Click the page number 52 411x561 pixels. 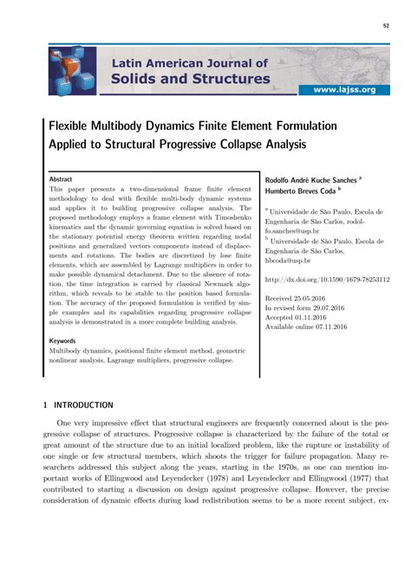tap(384, 25)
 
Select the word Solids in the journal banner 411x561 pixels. tap(140, 80)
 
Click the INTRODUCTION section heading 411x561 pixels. tap(83, 404)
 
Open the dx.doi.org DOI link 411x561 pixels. tap(326, 280)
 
